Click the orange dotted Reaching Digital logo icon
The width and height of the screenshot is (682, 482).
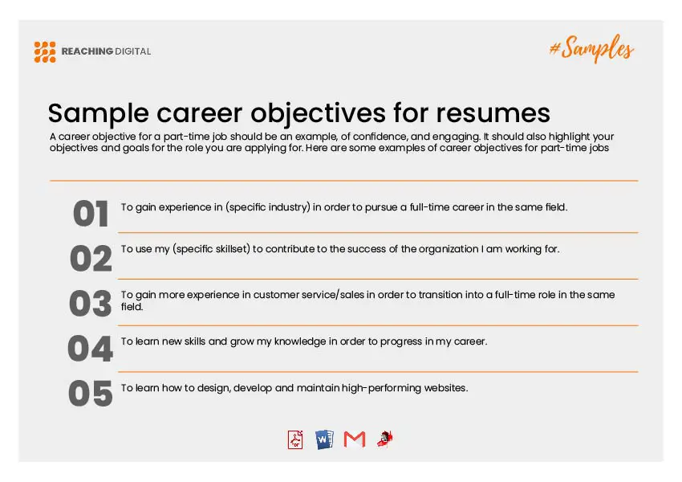[45, 51]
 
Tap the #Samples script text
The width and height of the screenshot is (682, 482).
[591, 48]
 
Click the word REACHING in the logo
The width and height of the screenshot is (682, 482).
[87, 51]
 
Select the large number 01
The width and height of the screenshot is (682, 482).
[91, 214]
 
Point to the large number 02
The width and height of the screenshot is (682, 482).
[91, 259]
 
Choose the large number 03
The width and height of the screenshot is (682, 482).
[91, 304]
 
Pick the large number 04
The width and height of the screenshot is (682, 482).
[91, 349]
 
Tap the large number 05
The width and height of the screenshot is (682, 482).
[91, 394]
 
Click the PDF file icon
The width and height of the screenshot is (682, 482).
[295, 439]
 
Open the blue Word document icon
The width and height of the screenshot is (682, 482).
[324, 439]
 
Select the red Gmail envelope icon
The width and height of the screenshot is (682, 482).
[355, 439]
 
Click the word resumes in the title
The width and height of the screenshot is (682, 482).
[493, 113]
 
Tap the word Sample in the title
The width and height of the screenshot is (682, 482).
[99, 113]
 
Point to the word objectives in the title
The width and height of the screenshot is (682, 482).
[318, 113]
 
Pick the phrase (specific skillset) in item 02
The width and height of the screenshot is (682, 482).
[211, 249]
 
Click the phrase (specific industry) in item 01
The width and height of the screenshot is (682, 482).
[268, 207]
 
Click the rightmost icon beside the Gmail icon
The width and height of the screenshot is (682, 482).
[385, 439]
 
